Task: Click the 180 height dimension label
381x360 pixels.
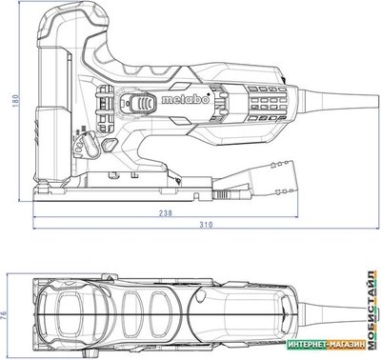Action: (16, 100)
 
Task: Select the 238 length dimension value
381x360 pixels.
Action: (166, 212)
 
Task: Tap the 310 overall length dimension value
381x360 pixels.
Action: (206, 225)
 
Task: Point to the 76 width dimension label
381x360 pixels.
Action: (4, 315)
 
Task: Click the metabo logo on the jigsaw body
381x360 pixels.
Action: (186, 99)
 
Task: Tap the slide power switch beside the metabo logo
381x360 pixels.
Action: (142, 104)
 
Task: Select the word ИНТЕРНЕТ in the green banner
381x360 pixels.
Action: (307, 345)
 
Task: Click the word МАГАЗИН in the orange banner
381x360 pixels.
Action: (347, 345)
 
